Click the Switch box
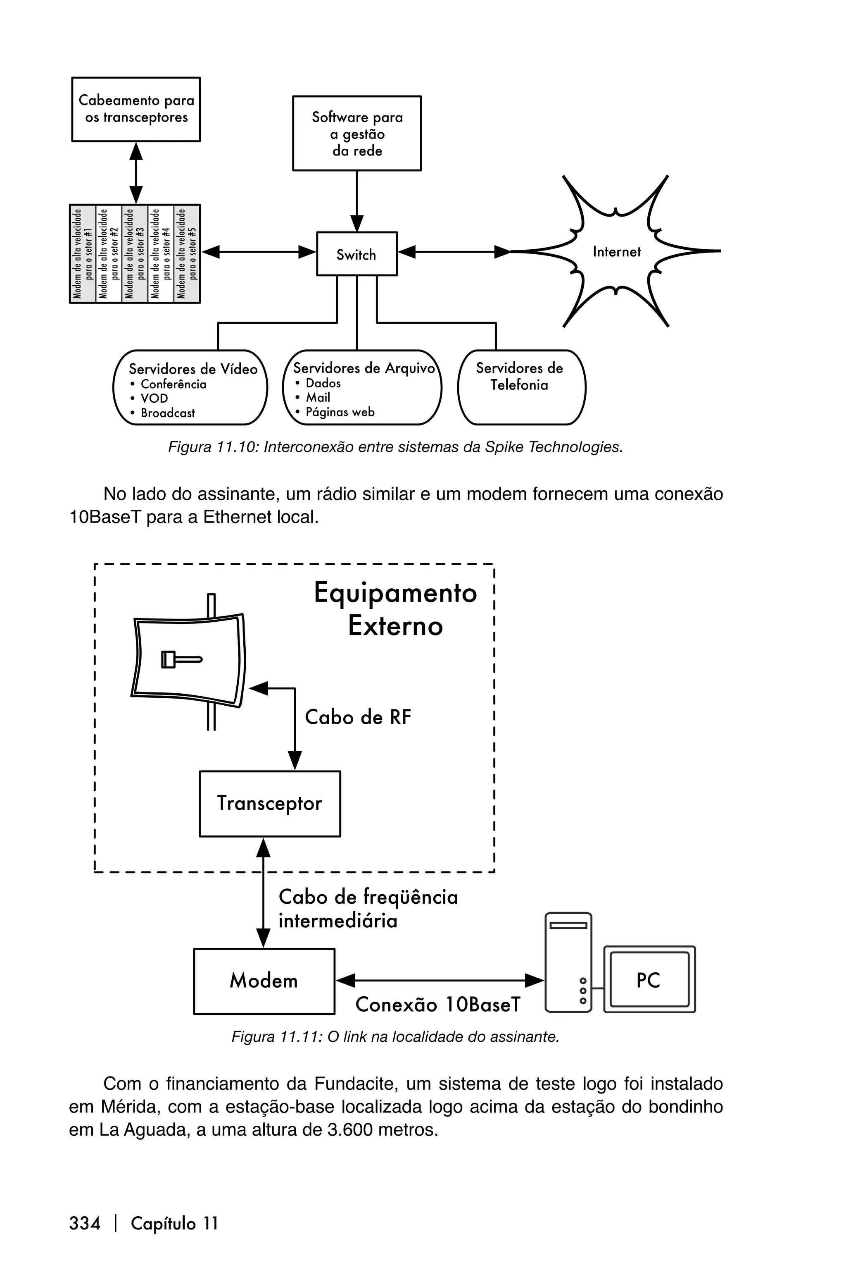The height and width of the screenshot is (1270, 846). coord(356,254)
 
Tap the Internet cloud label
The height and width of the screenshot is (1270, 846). coord(616,252)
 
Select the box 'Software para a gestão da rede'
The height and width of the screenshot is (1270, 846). coord(356,134)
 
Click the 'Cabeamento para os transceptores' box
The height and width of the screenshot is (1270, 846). coord(136,109)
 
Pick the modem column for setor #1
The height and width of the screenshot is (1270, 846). coord(83,254)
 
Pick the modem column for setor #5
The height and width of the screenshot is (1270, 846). coord(187,254)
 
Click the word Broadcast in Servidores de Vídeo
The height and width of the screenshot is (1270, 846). coord(167,413)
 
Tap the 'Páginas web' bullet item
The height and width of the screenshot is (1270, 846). coord(340,412)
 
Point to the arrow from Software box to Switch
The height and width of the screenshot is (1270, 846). coord(356,200)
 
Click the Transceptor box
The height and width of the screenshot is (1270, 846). coord(270,804)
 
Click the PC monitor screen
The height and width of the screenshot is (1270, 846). coord(649,979)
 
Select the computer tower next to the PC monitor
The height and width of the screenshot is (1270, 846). coord(568,962)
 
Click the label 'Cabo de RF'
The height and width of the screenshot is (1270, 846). coord(358,717)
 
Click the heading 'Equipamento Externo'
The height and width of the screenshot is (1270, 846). coord(395,609)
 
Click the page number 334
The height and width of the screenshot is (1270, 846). coord(85,1224)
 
